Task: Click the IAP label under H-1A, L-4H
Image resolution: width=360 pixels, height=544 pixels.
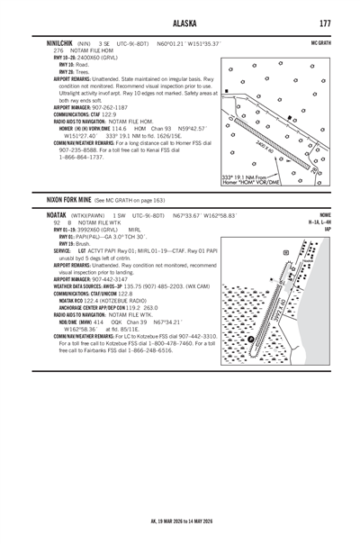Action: click(x=326, y=230)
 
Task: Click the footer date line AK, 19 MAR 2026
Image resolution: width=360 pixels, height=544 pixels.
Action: click(x=179, y=521)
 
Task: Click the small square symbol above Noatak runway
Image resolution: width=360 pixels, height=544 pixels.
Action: click(x=285, y=253)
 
